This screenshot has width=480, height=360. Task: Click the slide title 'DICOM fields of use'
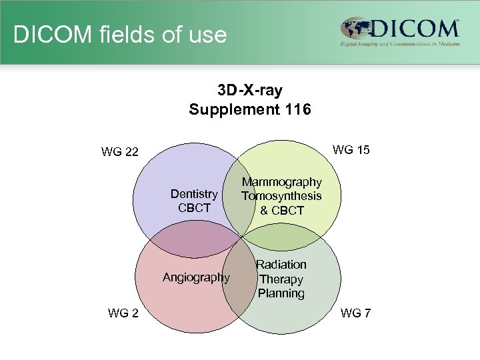click(x=120, y=34)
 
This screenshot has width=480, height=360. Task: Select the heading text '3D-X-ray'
click(x=249, y=90)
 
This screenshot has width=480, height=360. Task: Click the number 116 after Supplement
click(x=297, y=109)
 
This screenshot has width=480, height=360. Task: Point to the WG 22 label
click(x=120, y=152)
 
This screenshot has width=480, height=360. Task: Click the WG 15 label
click(x=351, y=149)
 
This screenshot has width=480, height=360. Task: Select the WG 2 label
click(x=123, y=313)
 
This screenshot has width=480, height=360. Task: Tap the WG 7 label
click(x=355, y=313)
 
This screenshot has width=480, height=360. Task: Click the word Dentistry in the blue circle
click(x=194, y=194)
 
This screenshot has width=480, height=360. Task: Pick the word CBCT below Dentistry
click(x=194, y=208)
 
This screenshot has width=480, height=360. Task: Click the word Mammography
click(x=281, y=182)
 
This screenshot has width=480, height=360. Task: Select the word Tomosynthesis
click(x=281, y=196)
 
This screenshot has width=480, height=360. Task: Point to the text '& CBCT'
click(x=281, y=211)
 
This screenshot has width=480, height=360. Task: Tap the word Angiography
click(x=197, y=277)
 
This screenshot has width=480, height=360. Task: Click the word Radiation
click(x=281, y=265)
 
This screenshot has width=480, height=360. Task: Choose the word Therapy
click(x=281, y=279)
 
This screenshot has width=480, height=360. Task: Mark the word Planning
click(x=281, y=293)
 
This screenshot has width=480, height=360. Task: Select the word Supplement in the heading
click(x=229, y=109)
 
